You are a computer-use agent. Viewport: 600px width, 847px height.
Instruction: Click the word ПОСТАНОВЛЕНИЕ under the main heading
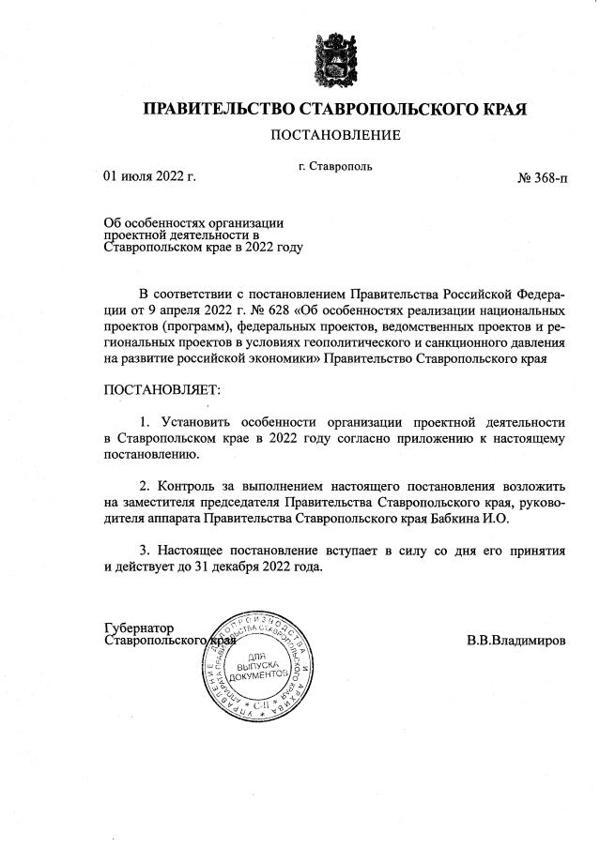tap(335, 135)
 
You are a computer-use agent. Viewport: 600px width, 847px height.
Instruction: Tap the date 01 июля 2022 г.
tap(149, 175)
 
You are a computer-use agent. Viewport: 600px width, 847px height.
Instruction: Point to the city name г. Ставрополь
tap(335, 166)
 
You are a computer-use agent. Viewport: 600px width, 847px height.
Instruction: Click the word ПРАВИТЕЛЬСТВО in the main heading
tap(218, 109)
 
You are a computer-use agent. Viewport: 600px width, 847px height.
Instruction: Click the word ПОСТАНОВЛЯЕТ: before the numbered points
tap(160, 387)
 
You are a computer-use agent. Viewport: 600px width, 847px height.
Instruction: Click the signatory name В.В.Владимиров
tap(515, 642)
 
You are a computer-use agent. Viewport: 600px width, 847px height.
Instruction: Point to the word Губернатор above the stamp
tap(139, 628)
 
